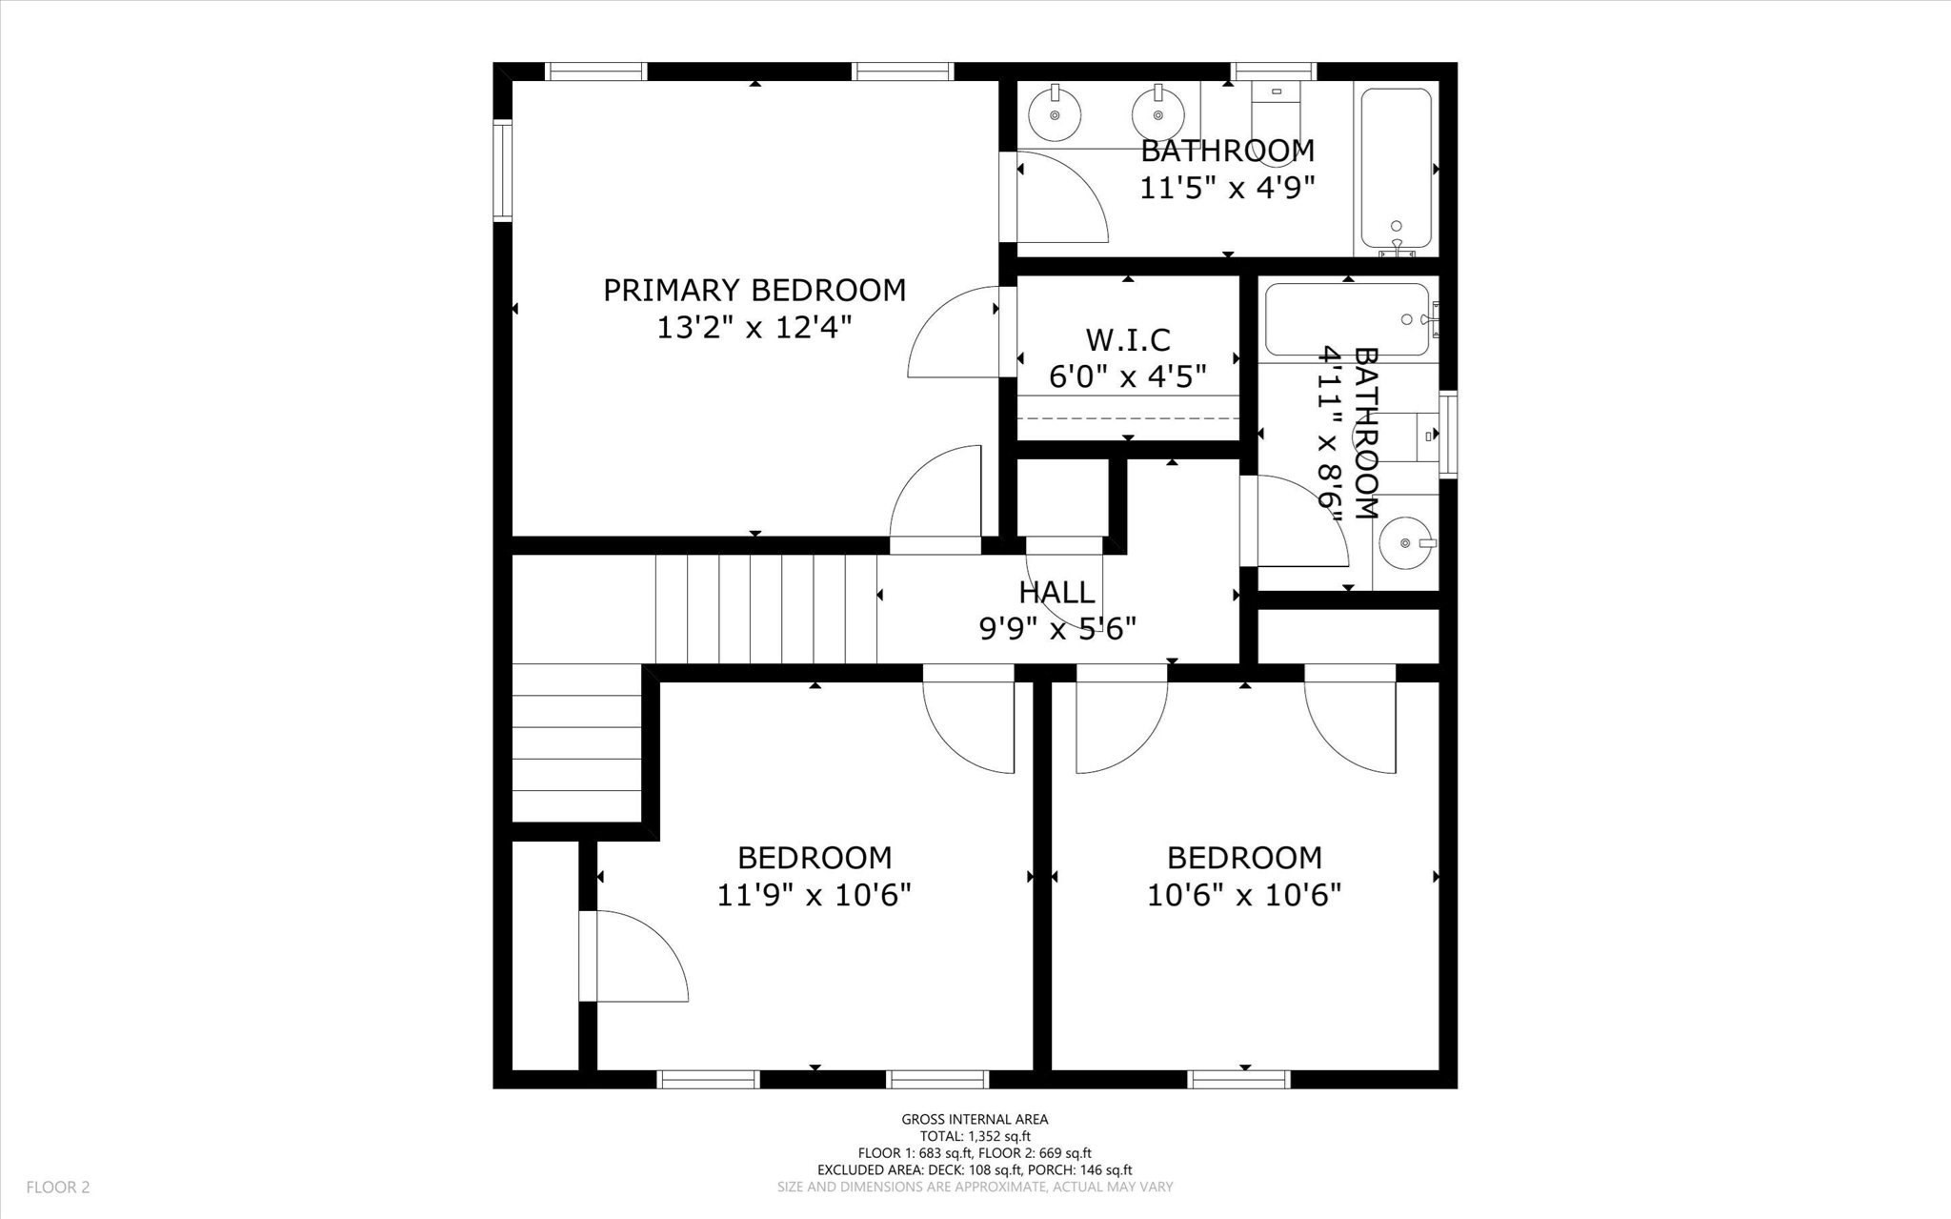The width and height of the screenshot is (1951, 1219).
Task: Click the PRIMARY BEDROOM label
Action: (754, 290)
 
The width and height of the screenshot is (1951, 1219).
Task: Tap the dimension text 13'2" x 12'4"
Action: (754, 328)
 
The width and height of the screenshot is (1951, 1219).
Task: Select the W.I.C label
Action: (1128, 339)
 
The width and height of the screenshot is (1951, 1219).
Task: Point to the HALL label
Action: (1056, 592)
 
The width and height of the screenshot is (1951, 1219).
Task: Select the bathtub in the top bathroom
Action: (1396, 169)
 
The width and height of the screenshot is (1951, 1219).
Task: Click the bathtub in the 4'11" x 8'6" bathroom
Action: (1347, 320)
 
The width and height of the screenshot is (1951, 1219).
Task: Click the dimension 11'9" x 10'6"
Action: (815, 895)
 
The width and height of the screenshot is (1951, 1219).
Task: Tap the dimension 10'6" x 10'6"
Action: (1244, 895)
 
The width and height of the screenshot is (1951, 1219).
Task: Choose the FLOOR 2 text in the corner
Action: (58, 1188)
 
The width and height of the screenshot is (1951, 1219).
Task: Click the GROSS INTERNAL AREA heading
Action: (975, 1120)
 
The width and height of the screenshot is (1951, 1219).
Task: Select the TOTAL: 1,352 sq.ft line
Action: (975, 1136)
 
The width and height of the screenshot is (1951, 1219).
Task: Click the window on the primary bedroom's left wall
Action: (502, 171)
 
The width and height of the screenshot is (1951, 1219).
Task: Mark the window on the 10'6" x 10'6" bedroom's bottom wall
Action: (1239, 1079)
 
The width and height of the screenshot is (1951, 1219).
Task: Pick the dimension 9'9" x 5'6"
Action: (1057, 629)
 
